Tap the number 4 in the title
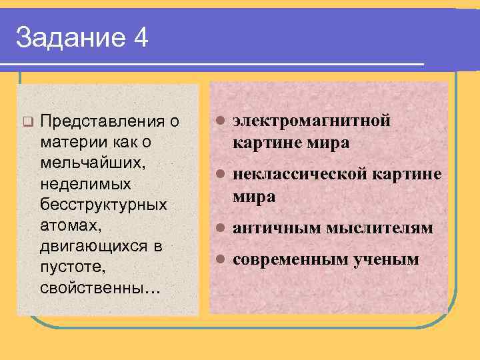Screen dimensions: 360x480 point(141,38)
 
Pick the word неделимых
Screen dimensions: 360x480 point(85,183)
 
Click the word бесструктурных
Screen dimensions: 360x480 point(103,204)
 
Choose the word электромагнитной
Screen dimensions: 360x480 point(311,121)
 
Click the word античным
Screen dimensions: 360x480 point(274,229)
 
